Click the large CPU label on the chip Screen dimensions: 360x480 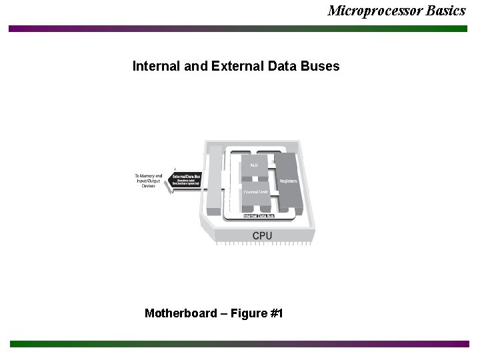pyautogui.click(x=262, y=235)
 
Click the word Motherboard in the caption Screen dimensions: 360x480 pyautogui.click(x=180, y=313)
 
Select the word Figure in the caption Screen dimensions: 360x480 pyautogui.click(x=246, y=313)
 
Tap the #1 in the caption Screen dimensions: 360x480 pyautogui.click(x=276, y=313)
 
